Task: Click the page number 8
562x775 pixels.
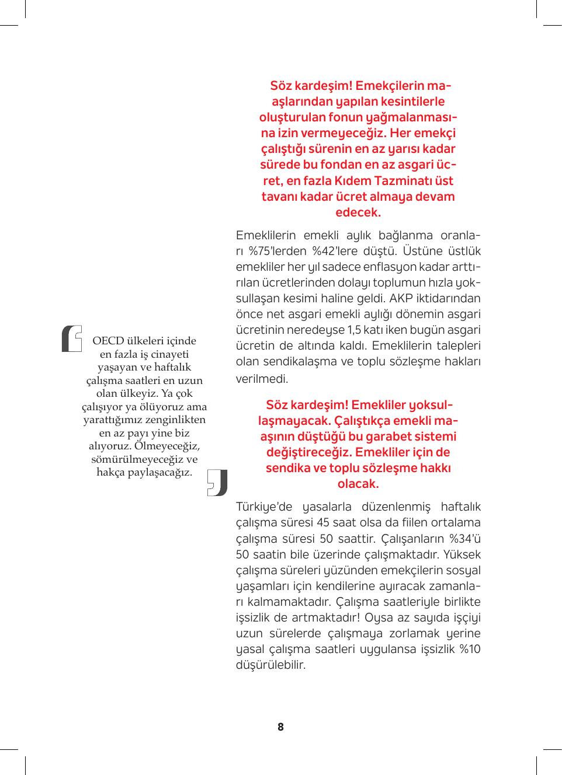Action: pyautogui.click(x=280, y=727)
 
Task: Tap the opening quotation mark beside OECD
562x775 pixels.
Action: pyautogui.click(x=72, y=338)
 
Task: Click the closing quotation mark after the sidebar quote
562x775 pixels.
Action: pyautogui.click(x=218, y=482)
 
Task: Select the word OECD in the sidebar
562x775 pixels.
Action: pyautogui.click(x=108, y=341)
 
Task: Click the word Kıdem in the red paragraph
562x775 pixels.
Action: pyautogui.click(x=354, y=181)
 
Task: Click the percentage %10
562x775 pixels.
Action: pyautogui.click(x=470, y=650)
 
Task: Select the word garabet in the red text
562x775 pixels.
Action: pyautogui.click(x=389, y=437)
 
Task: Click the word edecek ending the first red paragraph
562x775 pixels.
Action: pyautogui.click(x=358, y=212)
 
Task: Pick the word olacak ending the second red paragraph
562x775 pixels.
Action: pyautogui.click(x=358, y=484)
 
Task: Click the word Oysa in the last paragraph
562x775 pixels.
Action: pyautogui.click(x=385, y=618)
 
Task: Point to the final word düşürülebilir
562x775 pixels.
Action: pyautogui.click(x=270, y=665)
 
